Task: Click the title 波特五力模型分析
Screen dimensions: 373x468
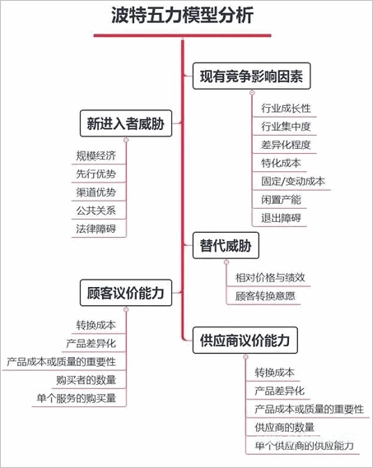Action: tap(182, 16)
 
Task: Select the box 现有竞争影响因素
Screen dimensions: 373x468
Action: tap(252, 76)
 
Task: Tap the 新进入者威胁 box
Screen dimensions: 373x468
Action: tap(126, 123)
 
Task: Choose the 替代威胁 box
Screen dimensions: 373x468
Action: tap(226, 245)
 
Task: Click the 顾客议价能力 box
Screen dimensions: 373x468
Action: tap(126, 293)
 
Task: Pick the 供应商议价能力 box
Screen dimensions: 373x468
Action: tap(245, 340)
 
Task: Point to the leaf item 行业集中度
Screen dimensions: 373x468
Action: tap(286, 127)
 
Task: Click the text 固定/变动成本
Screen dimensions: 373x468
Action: tap(293, 181)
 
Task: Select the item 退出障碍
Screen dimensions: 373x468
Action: tap(281, 218)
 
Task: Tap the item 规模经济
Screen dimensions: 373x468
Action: tap(96, 155)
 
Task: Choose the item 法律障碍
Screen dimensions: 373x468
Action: tap(96, 229)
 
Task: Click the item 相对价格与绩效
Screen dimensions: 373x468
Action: tap(270, 277)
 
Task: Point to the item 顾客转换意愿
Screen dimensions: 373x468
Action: tap(265, 296)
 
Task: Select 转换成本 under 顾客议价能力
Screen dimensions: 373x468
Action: tap(96, 325)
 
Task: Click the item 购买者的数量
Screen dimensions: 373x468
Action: tap(86, 380)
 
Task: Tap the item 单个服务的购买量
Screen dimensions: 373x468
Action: tap(77, 398)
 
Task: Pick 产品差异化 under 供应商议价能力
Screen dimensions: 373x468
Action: tap(280, 391)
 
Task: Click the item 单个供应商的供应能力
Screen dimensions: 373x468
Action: tap(305, 446)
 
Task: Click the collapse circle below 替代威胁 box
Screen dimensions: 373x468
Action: tap(226, 262)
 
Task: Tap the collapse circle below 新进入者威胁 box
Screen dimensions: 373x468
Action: tap(126, 140)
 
